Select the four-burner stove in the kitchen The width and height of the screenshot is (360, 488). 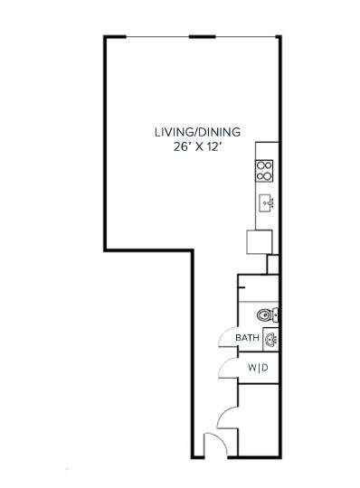[265, 170]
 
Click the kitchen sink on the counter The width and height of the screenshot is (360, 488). [266, 202]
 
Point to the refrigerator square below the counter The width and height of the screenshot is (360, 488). [260, 242]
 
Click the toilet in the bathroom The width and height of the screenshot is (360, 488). [265, 315]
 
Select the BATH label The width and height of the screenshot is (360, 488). [247, 339]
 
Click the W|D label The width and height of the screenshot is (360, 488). [258, 368]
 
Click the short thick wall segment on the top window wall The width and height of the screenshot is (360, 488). [202, 37]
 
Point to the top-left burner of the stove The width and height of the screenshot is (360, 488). [261, 165]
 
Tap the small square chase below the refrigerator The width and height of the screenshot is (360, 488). [273, 264]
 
